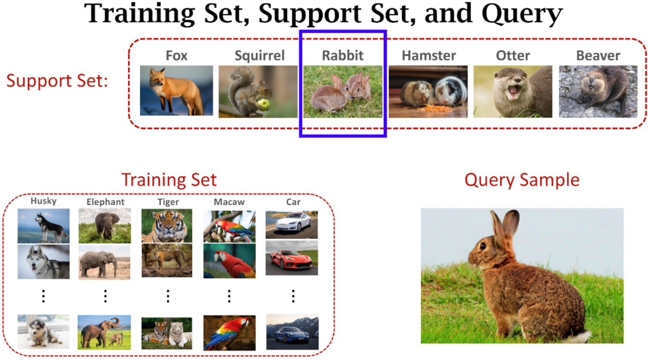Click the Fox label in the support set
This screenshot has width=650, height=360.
pos(176,55)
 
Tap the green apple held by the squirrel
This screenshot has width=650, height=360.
pos(264,105)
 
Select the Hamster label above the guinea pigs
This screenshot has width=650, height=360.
pos(429,55)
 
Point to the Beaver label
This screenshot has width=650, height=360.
pos(598,55)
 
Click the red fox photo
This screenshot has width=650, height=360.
pos(176,91)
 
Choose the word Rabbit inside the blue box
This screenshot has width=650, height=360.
pos(343,55)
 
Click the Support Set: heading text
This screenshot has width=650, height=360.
pos(57,81)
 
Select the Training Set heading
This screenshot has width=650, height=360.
pos(169,180)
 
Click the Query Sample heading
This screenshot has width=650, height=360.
pos(522,180)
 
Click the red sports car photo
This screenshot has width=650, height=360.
pos(292,258)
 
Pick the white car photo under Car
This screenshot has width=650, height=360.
pos(292,225)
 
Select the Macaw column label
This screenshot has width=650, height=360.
pos(229,202)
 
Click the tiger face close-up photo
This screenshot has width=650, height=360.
pos(167,225)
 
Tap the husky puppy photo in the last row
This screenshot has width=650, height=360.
pos(43,331)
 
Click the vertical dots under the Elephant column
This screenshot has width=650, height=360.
pos(105,296)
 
